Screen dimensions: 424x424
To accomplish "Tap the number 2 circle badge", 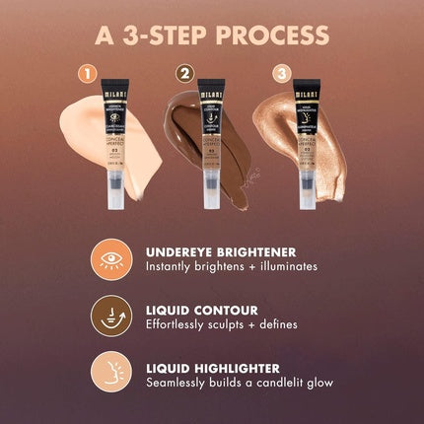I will tap(183, 73).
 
